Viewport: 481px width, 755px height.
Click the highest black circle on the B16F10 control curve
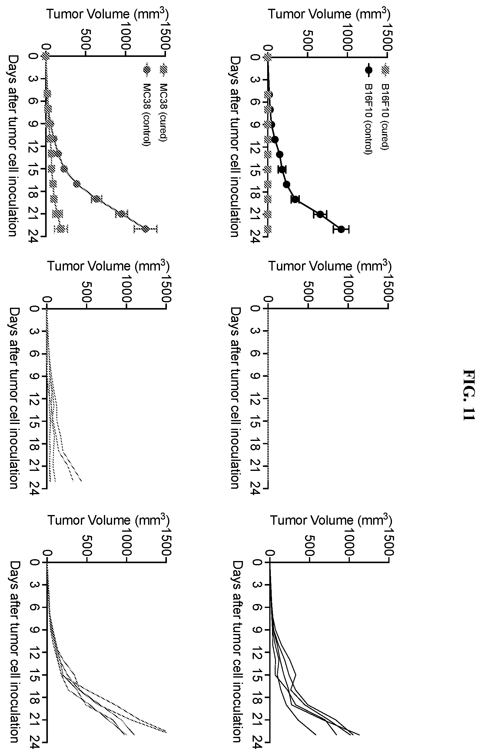coord(341,229)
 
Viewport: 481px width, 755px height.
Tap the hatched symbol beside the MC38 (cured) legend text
coord(164,70)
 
